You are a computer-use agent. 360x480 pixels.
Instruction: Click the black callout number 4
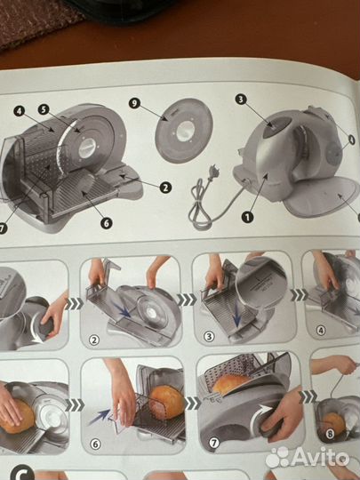(x=20, y=111)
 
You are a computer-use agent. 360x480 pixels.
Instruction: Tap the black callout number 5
(x=44, y=109)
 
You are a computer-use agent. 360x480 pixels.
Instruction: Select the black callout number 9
(x=134, y=103)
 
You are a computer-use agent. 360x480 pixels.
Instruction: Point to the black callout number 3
(x=241, y=100)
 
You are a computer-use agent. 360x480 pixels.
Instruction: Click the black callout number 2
(x=165, y=188)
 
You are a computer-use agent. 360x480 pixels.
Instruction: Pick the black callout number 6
(x=106, y=223)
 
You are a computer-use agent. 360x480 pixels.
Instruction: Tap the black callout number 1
(x=247, y=218)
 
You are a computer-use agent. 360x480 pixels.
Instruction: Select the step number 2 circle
(x=94, y=340)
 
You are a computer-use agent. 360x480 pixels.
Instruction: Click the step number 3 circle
(x=209, y=337)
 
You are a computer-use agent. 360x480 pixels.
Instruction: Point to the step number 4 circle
(x=321, y=331)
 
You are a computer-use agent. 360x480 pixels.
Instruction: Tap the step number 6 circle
(x=95, y=444)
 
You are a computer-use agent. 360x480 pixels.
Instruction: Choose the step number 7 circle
(x=213, y=443)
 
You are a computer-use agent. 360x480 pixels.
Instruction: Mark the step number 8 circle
(x=330, y=434)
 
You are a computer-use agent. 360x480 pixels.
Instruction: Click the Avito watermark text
(x=321, y=458)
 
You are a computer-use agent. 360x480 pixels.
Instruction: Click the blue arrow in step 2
(x=121, y=309)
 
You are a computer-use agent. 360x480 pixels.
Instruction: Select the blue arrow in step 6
(x=100, y=417)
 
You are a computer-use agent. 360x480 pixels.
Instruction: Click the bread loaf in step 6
(x=167, y=403)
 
